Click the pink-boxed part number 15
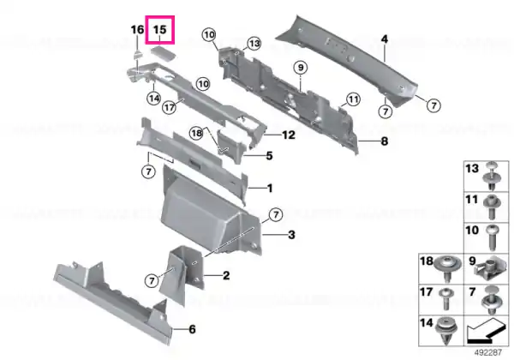tap(160, 30)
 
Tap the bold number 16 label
tap(137, 30)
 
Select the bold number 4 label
tap(385, 39)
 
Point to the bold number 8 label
tap(384, 141)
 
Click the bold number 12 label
tap(289, 135)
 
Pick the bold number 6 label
tap(193, 329)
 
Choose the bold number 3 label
tap(291, 235)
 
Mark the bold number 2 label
tap(226, 275)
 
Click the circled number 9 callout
tap(301, 68)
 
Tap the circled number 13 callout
tap(254, 43)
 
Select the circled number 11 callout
tap(353, 99)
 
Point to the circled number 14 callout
tap(154, 98)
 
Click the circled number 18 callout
tap(197, 133)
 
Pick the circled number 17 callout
tap(170, 107)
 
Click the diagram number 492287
tap(488, 352)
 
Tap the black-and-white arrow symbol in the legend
tap(486, 331)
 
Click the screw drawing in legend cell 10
tap(492, 237)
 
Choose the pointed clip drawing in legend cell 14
tap(445, 330)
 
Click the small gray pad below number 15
tap(163, 54)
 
